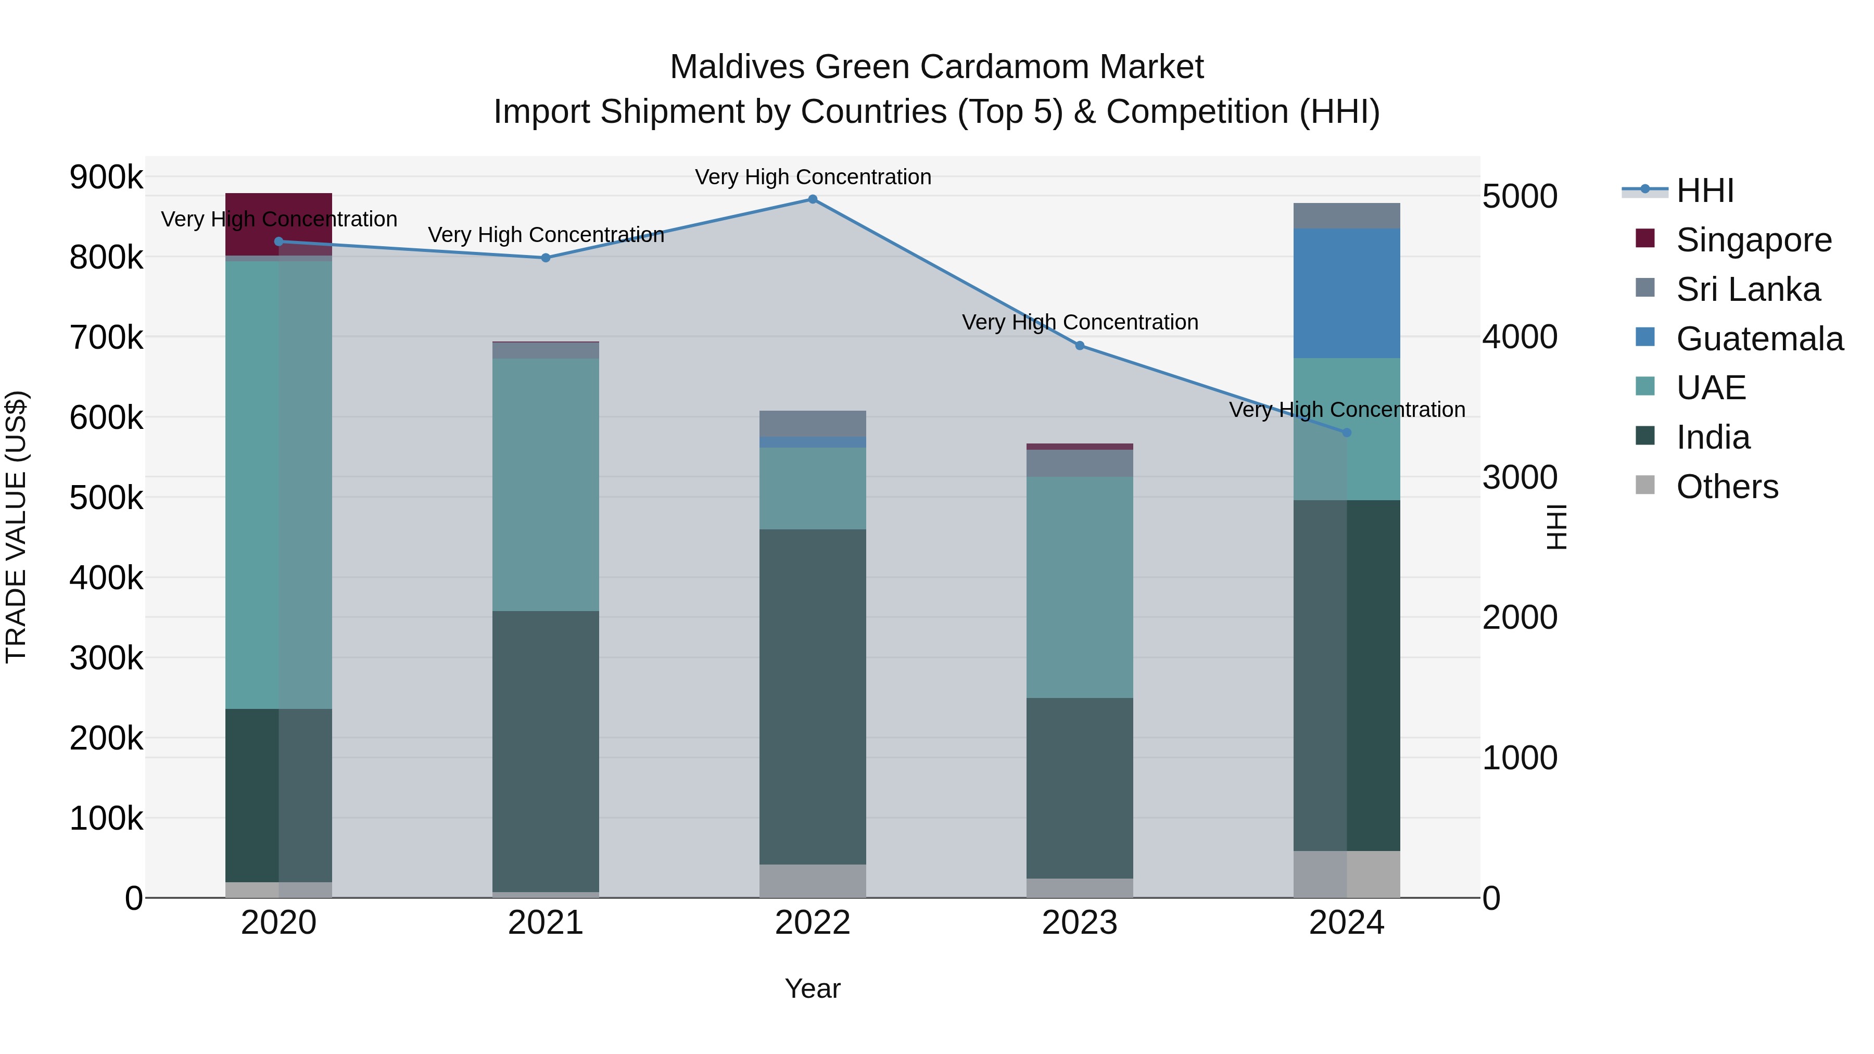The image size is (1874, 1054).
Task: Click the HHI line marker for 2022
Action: [x=813, y=199]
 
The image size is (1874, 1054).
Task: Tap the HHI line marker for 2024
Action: [x=1347, y=433]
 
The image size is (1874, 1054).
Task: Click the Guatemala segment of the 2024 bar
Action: [x=1347, y=293]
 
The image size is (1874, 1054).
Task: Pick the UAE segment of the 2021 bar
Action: [x=546, y=485]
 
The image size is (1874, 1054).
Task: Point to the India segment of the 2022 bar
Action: [x=813, y=697]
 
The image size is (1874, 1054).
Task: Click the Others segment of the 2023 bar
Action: [x=1080, y=888]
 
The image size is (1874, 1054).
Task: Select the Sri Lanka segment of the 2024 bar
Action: [x=1347, y=216]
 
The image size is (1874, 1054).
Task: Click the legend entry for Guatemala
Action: [x=1759, y=339]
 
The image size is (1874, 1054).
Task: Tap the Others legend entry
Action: [x=1726, y=487]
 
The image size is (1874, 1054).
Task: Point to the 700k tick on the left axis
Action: [x=106, y=337]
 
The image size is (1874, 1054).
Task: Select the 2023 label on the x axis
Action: [x=1080, y=923]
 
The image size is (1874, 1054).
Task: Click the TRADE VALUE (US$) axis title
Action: [x=17, y=527]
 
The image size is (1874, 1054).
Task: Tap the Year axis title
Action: [x=813, y=988]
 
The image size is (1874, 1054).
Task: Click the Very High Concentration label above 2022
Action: [x=813, y=177]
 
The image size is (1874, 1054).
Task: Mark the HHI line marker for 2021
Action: [x=546, y=258]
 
